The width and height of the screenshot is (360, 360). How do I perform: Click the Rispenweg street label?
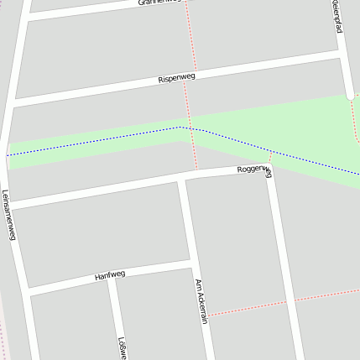tap(175, 78)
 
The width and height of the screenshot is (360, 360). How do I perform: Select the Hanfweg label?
tap(110, 274)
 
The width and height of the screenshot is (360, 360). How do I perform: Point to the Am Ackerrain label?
tap(201, 302)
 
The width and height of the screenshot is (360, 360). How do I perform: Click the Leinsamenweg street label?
tap(9, 214)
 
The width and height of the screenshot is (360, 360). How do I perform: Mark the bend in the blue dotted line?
tap(180, 128)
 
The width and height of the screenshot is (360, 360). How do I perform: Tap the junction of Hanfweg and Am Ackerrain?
tap(194, 263)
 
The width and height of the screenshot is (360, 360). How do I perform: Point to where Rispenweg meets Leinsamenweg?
tap(14, 102)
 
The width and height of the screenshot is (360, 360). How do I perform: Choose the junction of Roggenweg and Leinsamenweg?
tap(10, 205)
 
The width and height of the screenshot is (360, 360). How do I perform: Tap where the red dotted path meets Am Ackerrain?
tap(206, 316)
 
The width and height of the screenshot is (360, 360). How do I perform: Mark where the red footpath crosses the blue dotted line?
tap(193, 130)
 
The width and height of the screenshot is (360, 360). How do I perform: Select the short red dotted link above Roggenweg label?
tap(270, 158)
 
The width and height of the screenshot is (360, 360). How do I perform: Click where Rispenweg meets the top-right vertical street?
tap(344, 54)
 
